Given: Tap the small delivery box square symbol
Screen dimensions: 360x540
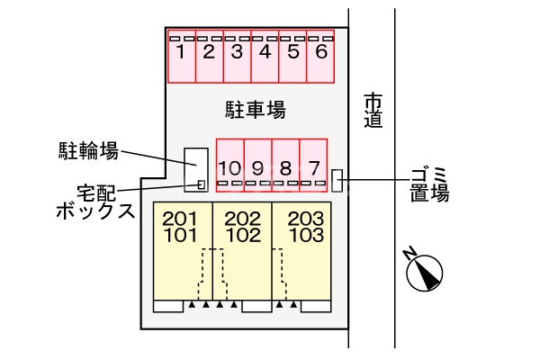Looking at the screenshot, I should click(x=202, y=184).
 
